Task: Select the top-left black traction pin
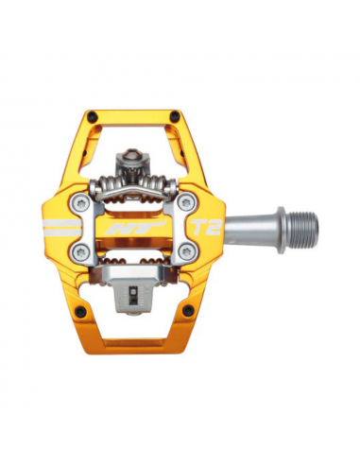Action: click(x=93, y=116)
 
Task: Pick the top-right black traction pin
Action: click(x=177, y=116)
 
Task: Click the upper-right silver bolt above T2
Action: click(x=185, y=202)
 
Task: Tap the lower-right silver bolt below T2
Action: click(x=185, y=251)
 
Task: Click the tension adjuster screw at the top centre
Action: click(x=135, y=157)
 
